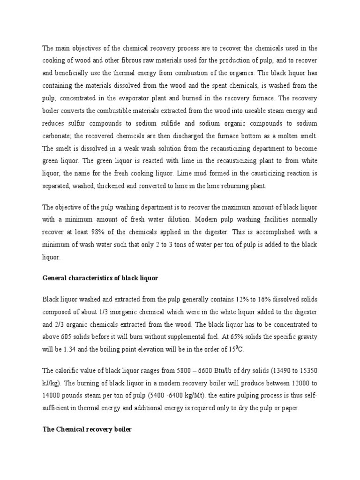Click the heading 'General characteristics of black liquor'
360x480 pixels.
100,278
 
